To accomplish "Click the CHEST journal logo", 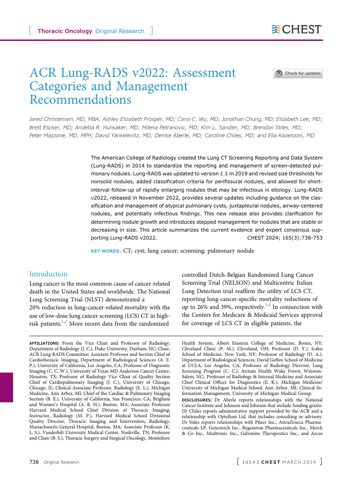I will [x=297, y=30].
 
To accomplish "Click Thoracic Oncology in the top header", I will [x=64, y=31].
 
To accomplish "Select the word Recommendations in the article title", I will [x=80, y=99].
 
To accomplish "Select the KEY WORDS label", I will [x=105, y=251].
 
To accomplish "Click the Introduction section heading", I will [x=48, y=274].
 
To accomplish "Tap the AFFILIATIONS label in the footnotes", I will [x=44, y=344].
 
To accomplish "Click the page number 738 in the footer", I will [x=34, y=462].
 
